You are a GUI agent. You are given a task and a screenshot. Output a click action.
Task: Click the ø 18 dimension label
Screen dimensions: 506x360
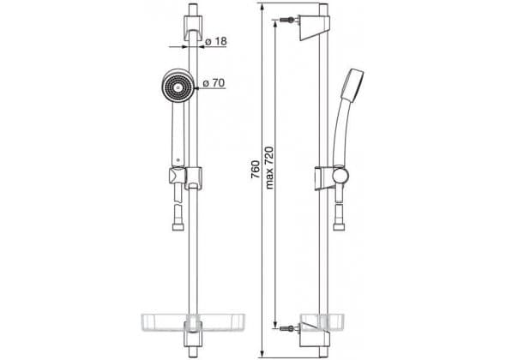click(216, 41)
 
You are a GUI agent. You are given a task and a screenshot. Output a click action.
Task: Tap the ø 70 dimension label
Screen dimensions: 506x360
click(214, 83)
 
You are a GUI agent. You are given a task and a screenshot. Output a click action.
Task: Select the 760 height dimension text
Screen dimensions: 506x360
click(256, 170)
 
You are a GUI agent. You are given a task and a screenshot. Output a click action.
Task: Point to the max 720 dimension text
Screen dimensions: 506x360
click(269, 168)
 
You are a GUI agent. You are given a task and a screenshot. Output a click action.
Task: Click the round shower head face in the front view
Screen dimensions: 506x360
click(177, 87)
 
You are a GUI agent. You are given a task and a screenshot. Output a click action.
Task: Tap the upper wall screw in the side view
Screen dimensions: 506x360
click(287, 20)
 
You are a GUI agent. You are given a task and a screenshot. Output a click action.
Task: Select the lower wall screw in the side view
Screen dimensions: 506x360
click(287, 328)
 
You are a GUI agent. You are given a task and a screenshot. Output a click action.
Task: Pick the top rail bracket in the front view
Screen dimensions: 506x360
click(193, 27)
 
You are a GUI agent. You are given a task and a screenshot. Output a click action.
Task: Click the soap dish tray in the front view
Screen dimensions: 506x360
click(193, 322)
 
